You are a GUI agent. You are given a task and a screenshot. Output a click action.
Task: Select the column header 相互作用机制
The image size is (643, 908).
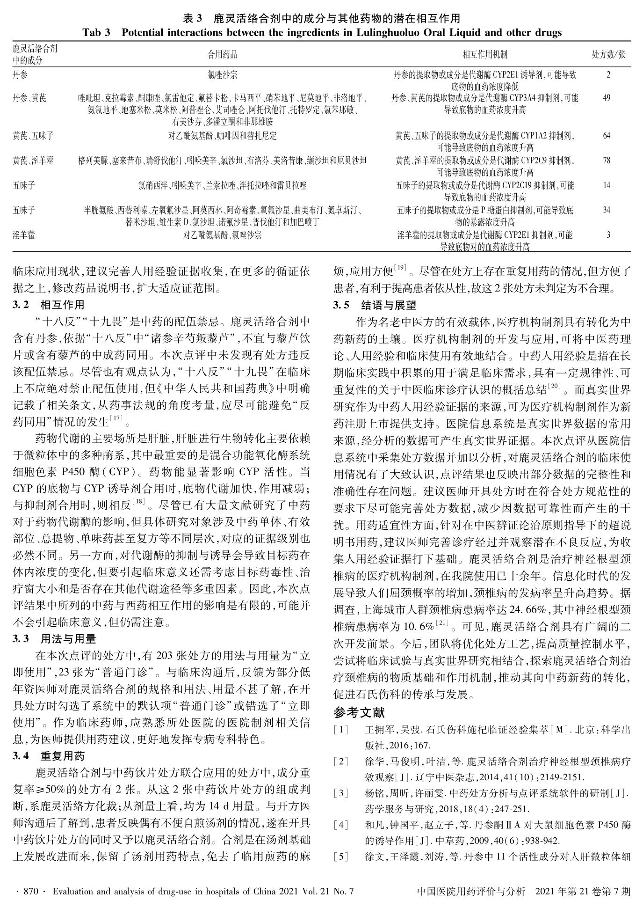[x=485, y=55]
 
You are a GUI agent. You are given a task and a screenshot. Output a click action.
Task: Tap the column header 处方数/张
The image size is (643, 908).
[x=608, y=55]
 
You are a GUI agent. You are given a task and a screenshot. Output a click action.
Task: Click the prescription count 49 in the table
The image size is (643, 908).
[x=607, y=98]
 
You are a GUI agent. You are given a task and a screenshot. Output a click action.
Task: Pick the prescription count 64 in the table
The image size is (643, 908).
[x=607, y=136]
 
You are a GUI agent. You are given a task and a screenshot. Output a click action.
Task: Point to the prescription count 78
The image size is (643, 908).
[x=607, y=161]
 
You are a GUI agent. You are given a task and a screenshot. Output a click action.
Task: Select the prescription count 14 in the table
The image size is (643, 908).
[x=607, y=185]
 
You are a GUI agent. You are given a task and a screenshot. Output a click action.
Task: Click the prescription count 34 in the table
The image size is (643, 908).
[x=607, y=210]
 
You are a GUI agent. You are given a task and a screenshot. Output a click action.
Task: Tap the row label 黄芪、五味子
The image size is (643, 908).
[x=33, y=136]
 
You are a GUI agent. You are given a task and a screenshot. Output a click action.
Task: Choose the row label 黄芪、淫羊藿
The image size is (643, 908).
[x=33, y=161]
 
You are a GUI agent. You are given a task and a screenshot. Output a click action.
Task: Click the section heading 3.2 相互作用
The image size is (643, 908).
[x=49, y=305]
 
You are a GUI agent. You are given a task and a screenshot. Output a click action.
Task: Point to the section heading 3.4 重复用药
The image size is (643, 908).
[x=49, y=756]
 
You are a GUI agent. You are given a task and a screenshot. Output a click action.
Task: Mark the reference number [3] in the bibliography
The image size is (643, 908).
[x=341, y=793]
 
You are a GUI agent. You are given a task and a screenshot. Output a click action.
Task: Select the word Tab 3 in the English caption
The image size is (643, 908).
[x=97, y=33]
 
